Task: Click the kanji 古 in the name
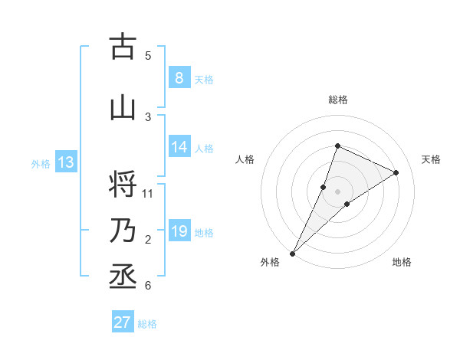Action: (123, 47)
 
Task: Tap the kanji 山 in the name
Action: (123, 108)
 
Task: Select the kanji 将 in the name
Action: (123, 185)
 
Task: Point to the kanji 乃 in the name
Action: (123, 231)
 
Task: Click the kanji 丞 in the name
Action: (123, 277)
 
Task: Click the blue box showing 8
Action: (179, 78)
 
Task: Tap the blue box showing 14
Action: (179, 147)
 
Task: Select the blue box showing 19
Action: (179, 231)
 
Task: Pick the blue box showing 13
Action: (65, 162)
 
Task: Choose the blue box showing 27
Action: (122, 322)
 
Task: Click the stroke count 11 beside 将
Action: (148, 193)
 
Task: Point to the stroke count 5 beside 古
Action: (148, 55)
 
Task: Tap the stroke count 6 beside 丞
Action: (148, 286)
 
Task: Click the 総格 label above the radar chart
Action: (337, 100)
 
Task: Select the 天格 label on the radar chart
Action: (432, 159)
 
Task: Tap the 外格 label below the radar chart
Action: (270, 263)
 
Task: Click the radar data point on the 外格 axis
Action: (292, 253)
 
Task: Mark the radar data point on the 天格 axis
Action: (396, 172)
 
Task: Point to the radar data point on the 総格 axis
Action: (337, 146)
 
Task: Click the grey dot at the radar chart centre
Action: (337, 191)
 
